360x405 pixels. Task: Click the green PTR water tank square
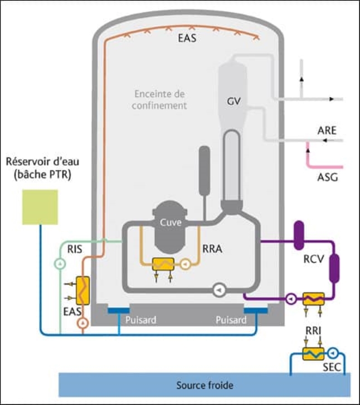40,207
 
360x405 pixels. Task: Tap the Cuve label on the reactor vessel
171,223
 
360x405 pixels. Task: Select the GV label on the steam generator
234,102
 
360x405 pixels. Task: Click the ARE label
327,131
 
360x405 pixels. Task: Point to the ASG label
328,177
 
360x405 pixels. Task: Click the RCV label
314,259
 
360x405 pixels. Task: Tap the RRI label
313,331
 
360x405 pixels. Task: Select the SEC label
332,367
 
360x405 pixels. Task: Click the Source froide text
205,385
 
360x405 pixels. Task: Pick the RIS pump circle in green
60,264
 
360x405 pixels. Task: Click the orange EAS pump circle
83,323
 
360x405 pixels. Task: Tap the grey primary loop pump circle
220,290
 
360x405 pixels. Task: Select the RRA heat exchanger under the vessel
163,264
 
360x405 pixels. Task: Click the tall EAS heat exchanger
83,291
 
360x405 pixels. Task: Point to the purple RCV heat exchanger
314,299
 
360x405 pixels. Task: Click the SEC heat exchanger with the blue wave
313,354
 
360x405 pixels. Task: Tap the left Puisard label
140,320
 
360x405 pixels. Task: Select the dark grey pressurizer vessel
205,171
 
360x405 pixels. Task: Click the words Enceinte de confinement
159,100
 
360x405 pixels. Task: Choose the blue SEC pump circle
334,353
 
